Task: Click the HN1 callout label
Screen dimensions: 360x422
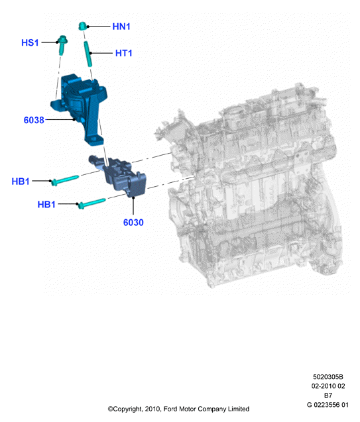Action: tap(121, 26)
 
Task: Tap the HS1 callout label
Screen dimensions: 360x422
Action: tap(30, 42)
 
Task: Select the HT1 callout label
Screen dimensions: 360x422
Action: tap(123, 53)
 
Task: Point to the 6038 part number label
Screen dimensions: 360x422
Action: tap(34, 120)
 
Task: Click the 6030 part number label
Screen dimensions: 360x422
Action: tap(133, 223)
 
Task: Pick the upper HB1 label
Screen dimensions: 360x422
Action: tap(21, 181)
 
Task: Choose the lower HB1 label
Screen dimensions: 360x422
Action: tap(46, 204)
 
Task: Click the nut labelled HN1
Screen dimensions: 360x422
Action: tap(82, 26)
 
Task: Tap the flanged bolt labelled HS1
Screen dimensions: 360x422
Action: tap(62, 45)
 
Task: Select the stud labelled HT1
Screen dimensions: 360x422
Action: tap(88, 54)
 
